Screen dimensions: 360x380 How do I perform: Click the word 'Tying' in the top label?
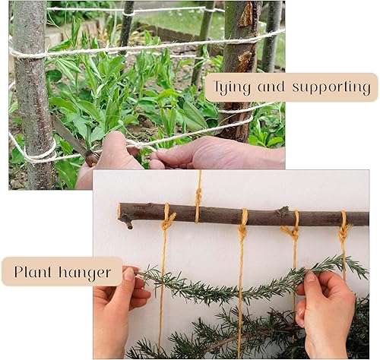[230, 87]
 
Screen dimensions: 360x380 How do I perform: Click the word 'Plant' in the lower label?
[33, 271]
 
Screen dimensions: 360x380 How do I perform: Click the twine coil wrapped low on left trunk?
[34, 152]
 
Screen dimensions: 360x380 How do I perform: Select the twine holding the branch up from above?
[198, 190]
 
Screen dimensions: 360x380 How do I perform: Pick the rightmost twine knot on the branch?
[344, 226]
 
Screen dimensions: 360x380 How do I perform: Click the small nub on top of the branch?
[283, 210]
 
